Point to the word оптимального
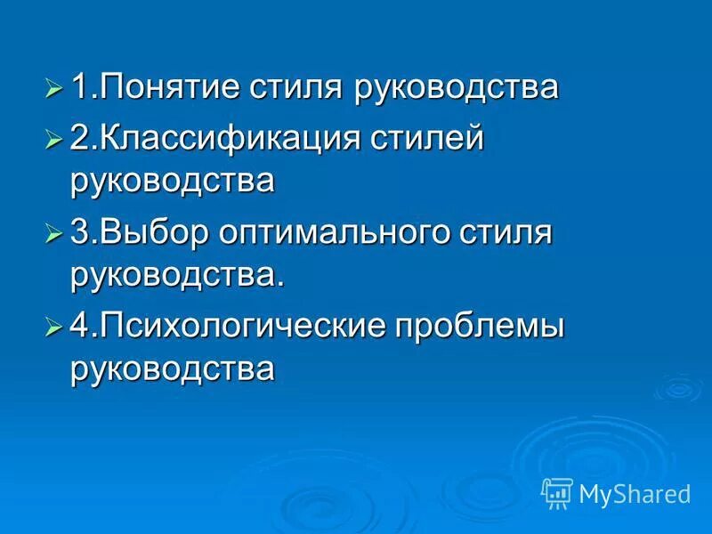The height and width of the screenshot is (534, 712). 342,233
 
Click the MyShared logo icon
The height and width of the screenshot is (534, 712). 557,491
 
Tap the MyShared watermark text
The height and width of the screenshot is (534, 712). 635,493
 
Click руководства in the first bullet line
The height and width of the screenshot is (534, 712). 457,88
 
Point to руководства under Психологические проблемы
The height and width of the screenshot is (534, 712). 173,368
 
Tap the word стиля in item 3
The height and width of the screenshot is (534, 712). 507,233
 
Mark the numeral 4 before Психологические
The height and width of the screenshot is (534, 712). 78,327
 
